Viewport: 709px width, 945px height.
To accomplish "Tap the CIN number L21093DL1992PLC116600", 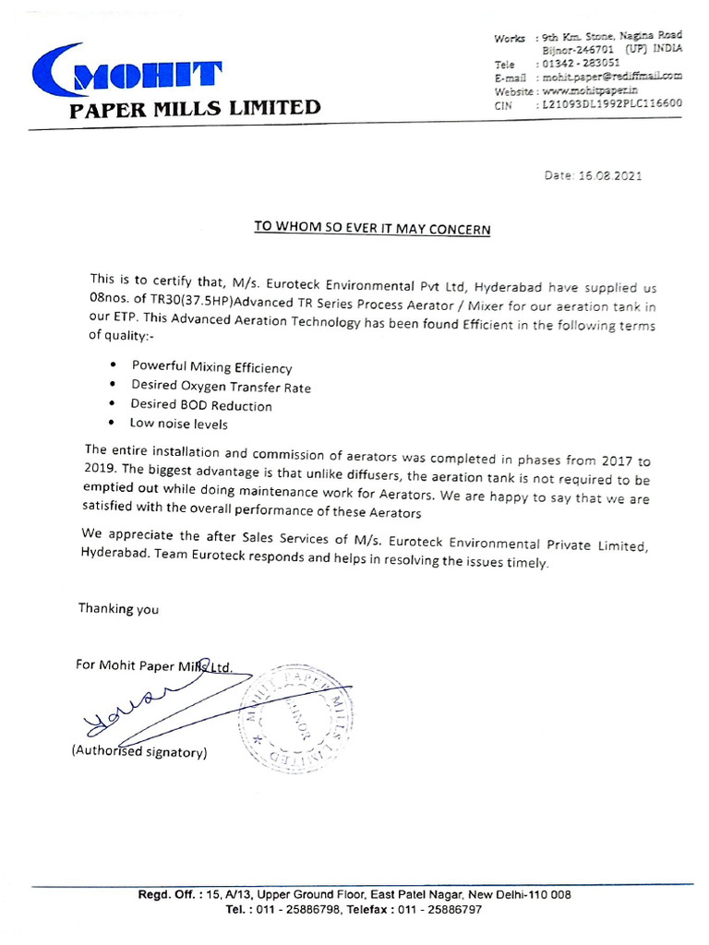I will (610, 104).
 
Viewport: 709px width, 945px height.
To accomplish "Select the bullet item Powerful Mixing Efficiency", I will (211, 367).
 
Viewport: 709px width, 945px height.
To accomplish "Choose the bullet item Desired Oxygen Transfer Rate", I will (221, 387).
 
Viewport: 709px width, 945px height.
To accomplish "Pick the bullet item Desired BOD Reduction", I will (201, 405).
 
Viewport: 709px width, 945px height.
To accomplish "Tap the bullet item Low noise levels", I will (178, 425).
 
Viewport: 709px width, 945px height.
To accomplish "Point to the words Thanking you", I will (118, 608).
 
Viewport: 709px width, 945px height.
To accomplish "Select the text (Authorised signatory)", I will (139, 752).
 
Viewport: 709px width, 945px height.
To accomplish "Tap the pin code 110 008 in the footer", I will (549, 894).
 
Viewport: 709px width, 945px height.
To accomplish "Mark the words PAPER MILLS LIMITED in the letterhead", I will (196, 109).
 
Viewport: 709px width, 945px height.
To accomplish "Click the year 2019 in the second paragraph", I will (99, 468).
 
